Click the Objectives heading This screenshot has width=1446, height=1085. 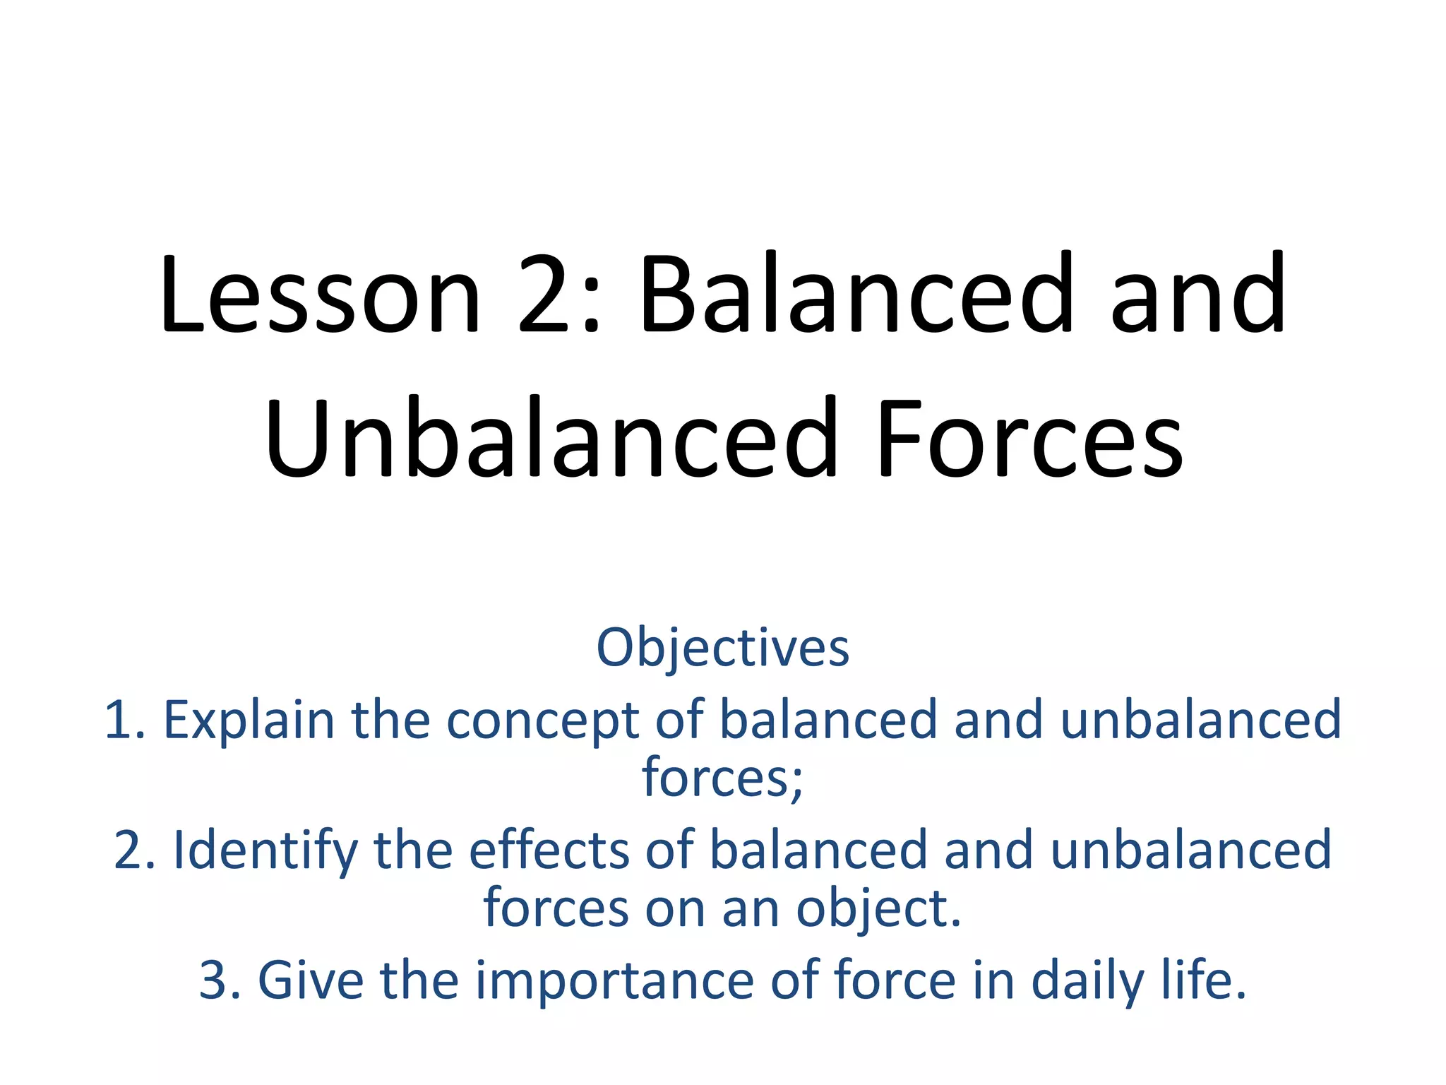pyautogui.click(x=722, y=647)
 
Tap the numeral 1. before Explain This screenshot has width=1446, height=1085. pyautogui.click(x=125, y=721)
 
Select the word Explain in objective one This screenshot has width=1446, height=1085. pyautogui.click(x=249, y=721)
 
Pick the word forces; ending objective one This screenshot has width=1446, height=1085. pyautogui.click(x=722, y=777)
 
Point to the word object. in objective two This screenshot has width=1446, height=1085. pyautogui.click(x=879, y=909)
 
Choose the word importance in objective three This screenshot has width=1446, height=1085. pyautogui.click(x=614, y=982)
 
